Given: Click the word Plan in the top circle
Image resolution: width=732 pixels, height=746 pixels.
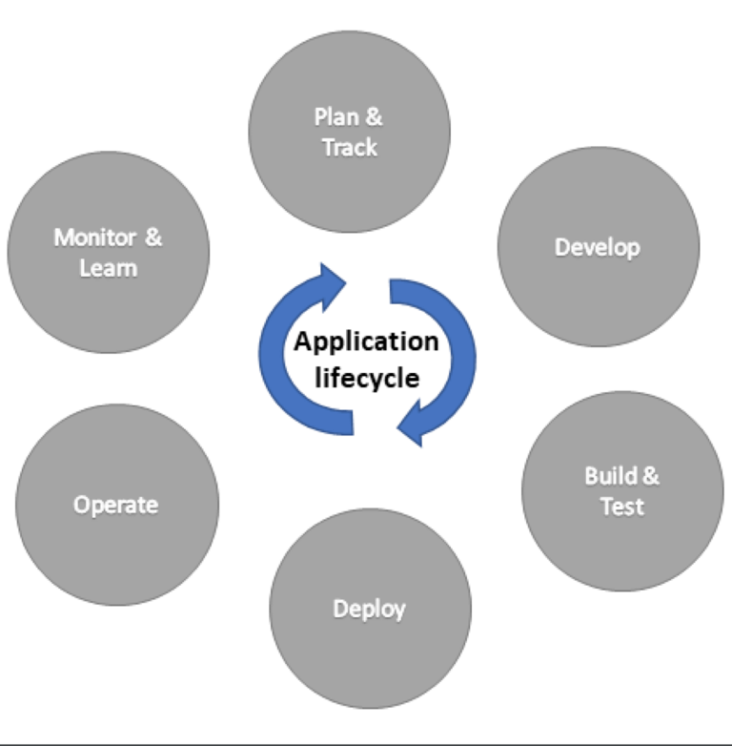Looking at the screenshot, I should coord(334,117).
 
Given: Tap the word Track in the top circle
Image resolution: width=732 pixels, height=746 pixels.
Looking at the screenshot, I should coord(350,148).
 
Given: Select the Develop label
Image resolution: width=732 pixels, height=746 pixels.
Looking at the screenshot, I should coord(598,247).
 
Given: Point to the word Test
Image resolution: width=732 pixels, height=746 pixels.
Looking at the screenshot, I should coord(621,506).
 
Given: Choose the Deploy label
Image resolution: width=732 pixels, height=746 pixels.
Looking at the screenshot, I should coord(369,608).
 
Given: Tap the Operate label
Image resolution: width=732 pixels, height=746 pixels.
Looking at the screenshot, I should coord(116,505).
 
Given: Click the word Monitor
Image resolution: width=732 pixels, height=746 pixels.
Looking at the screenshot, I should coord(94,237).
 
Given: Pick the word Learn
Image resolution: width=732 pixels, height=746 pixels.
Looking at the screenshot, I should coord(108,268).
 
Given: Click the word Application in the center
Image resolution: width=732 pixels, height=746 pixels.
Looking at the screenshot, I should coord(367,342).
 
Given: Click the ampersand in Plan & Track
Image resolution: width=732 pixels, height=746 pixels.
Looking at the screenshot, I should coord(375,117).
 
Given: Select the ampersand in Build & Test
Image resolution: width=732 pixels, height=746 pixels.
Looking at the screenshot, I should coord(650,475).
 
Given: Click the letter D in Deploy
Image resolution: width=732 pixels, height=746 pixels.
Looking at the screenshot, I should coord(339,608).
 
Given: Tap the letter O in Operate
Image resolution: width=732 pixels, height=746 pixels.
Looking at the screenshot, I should coord(82,505).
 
